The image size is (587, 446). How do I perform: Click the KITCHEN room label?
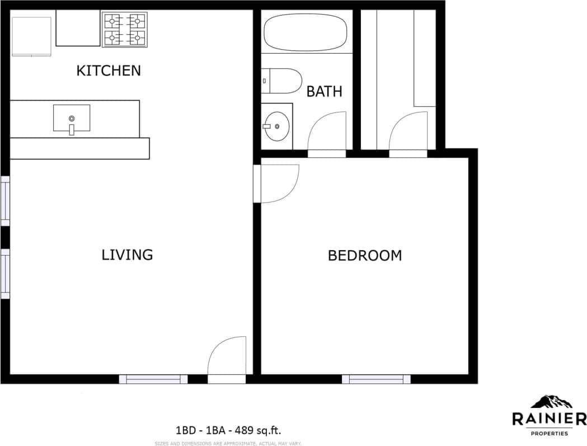[109, 71]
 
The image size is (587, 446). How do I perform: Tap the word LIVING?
[127, 255]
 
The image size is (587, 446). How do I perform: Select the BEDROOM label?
[364, 256]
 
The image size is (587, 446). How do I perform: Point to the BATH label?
[324, 92]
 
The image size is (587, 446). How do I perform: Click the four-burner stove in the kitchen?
[124, 30]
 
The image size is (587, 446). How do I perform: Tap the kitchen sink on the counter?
[72, 119]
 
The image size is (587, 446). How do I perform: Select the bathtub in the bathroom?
[306, 32]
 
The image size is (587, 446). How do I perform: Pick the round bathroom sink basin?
[276, 126]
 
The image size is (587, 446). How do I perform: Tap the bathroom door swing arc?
[327, 130]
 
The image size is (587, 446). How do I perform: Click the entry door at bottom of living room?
[227, 358]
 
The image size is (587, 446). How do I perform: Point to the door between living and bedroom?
[277, 184]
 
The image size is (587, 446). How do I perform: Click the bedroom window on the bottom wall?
[376, 379]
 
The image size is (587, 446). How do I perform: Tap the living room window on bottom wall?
[153, 379]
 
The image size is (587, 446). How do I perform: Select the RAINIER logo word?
[549, 419]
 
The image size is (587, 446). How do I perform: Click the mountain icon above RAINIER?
[551, 401]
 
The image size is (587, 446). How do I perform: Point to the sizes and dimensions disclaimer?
[228, 443]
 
